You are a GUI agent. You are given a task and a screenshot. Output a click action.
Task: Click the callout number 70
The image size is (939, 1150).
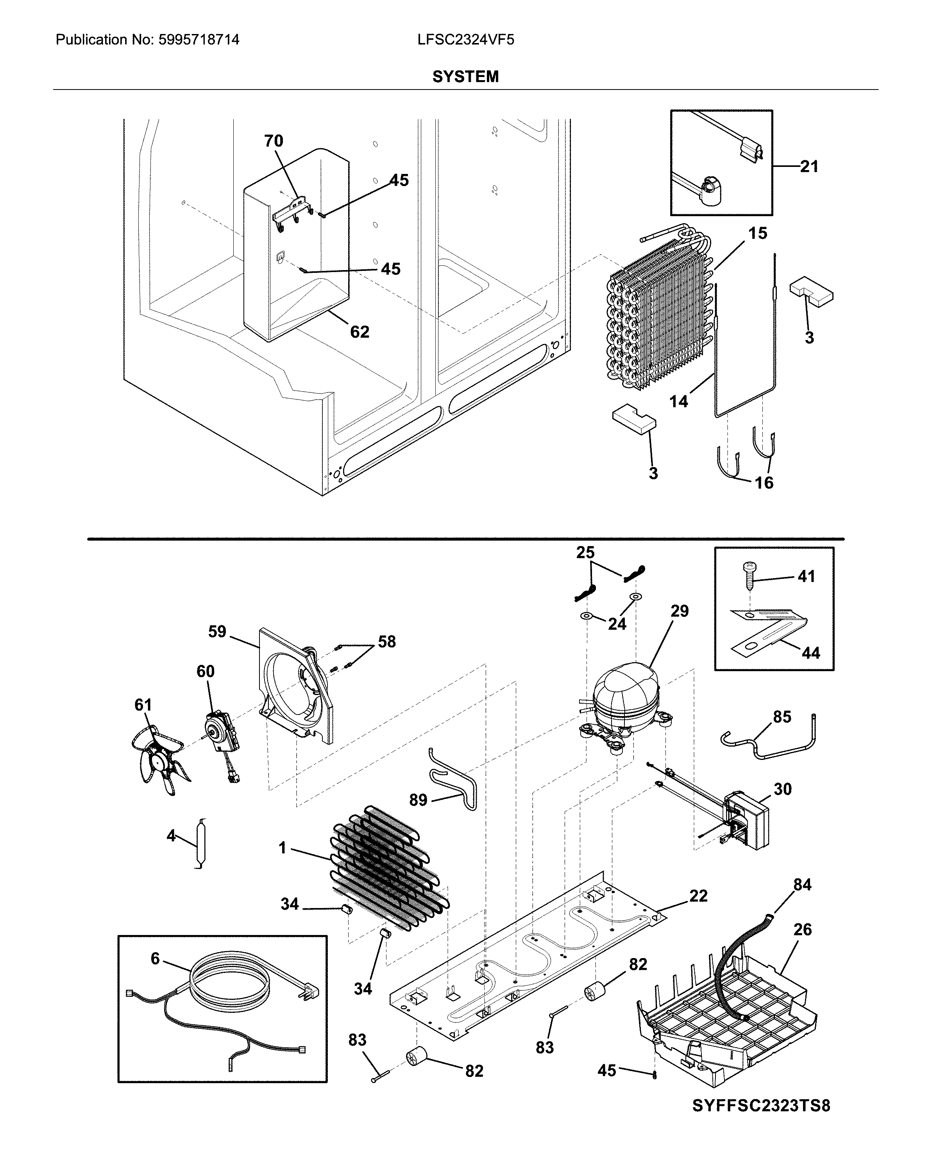pyautogui.click(x=273, y=141)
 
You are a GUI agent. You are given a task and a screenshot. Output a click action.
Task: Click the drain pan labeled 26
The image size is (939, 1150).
pyautogui.click(x=725, y=1022)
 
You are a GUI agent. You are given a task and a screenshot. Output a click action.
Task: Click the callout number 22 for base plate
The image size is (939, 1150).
pyautogui.click(x=698, y=896)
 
